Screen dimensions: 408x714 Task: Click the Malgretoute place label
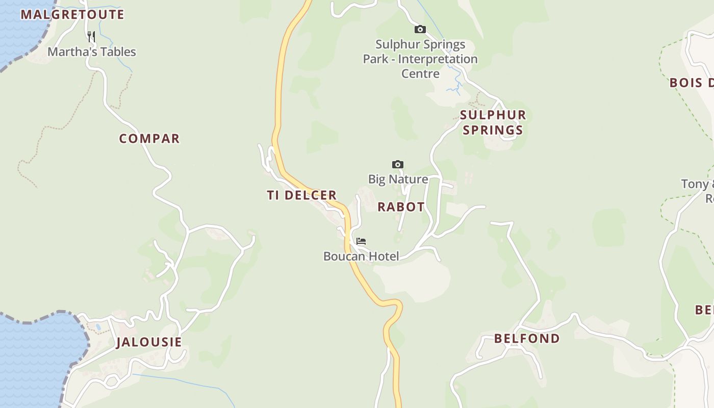tap(72, 14)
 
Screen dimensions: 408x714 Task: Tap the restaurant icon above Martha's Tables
tap(91, 36)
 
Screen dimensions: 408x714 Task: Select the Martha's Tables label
tap(92, 52)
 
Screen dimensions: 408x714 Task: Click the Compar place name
tap(149, 139)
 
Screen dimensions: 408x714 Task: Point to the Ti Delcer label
tap(301, 195)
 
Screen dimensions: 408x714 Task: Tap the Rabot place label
tap(401, 207)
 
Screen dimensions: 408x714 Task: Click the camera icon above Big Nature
tap(398, 164)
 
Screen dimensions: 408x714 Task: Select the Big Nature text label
tap(398, 179)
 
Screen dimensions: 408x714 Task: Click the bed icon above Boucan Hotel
tap(361, 241)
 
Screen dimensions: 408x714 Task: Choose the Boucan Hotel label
tap(361, 256)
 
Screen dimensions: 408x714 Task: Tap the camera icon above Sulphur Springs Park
tap(420, 30)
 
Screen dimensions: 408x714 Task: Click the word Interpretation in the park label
tap(438, 59)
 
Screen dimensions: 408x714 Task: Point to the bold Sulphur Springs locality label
tap(493, 122)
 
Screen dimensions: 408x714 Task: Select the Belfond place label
tap(527, 338)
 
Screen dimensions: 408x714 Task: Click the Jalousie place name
tap(149, 342)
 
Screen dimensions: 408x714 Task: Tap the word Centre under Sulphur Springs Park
tap(420, 73)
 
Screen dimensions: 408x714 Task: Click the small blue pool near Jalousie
tap(98, 326)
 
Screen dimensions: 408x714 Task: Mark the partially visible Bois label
tap(692, 83)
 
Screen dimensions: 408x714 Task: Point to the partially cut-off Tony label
tap(697, 184)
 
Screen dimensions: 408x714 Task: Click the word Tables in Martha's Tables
tap(118, 52)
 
